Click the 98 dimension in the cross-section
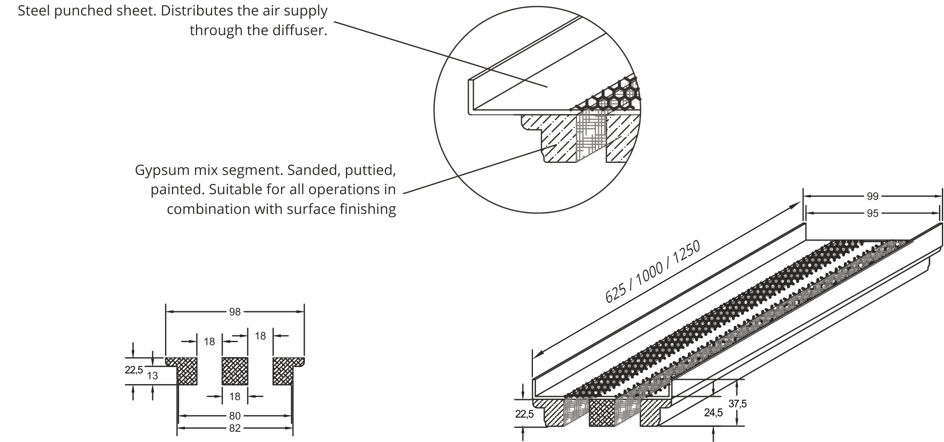click(235, 312)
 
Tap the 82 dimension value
click(235, 428)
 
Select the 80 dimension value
click(235, 415)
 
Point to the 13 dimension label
click(152, 376)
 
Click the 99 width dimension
click(872, 196)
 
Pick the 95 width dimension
click(872, 213)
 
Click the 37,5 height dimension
click(737, 403)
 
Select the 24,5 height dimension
click(713, 412)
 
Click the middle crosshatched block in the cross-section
click(235, 371)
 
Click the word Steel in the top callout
click(36, 11)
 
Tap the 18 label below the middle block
click(235, 397)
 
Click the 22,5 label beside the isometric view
click(524, 414)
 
